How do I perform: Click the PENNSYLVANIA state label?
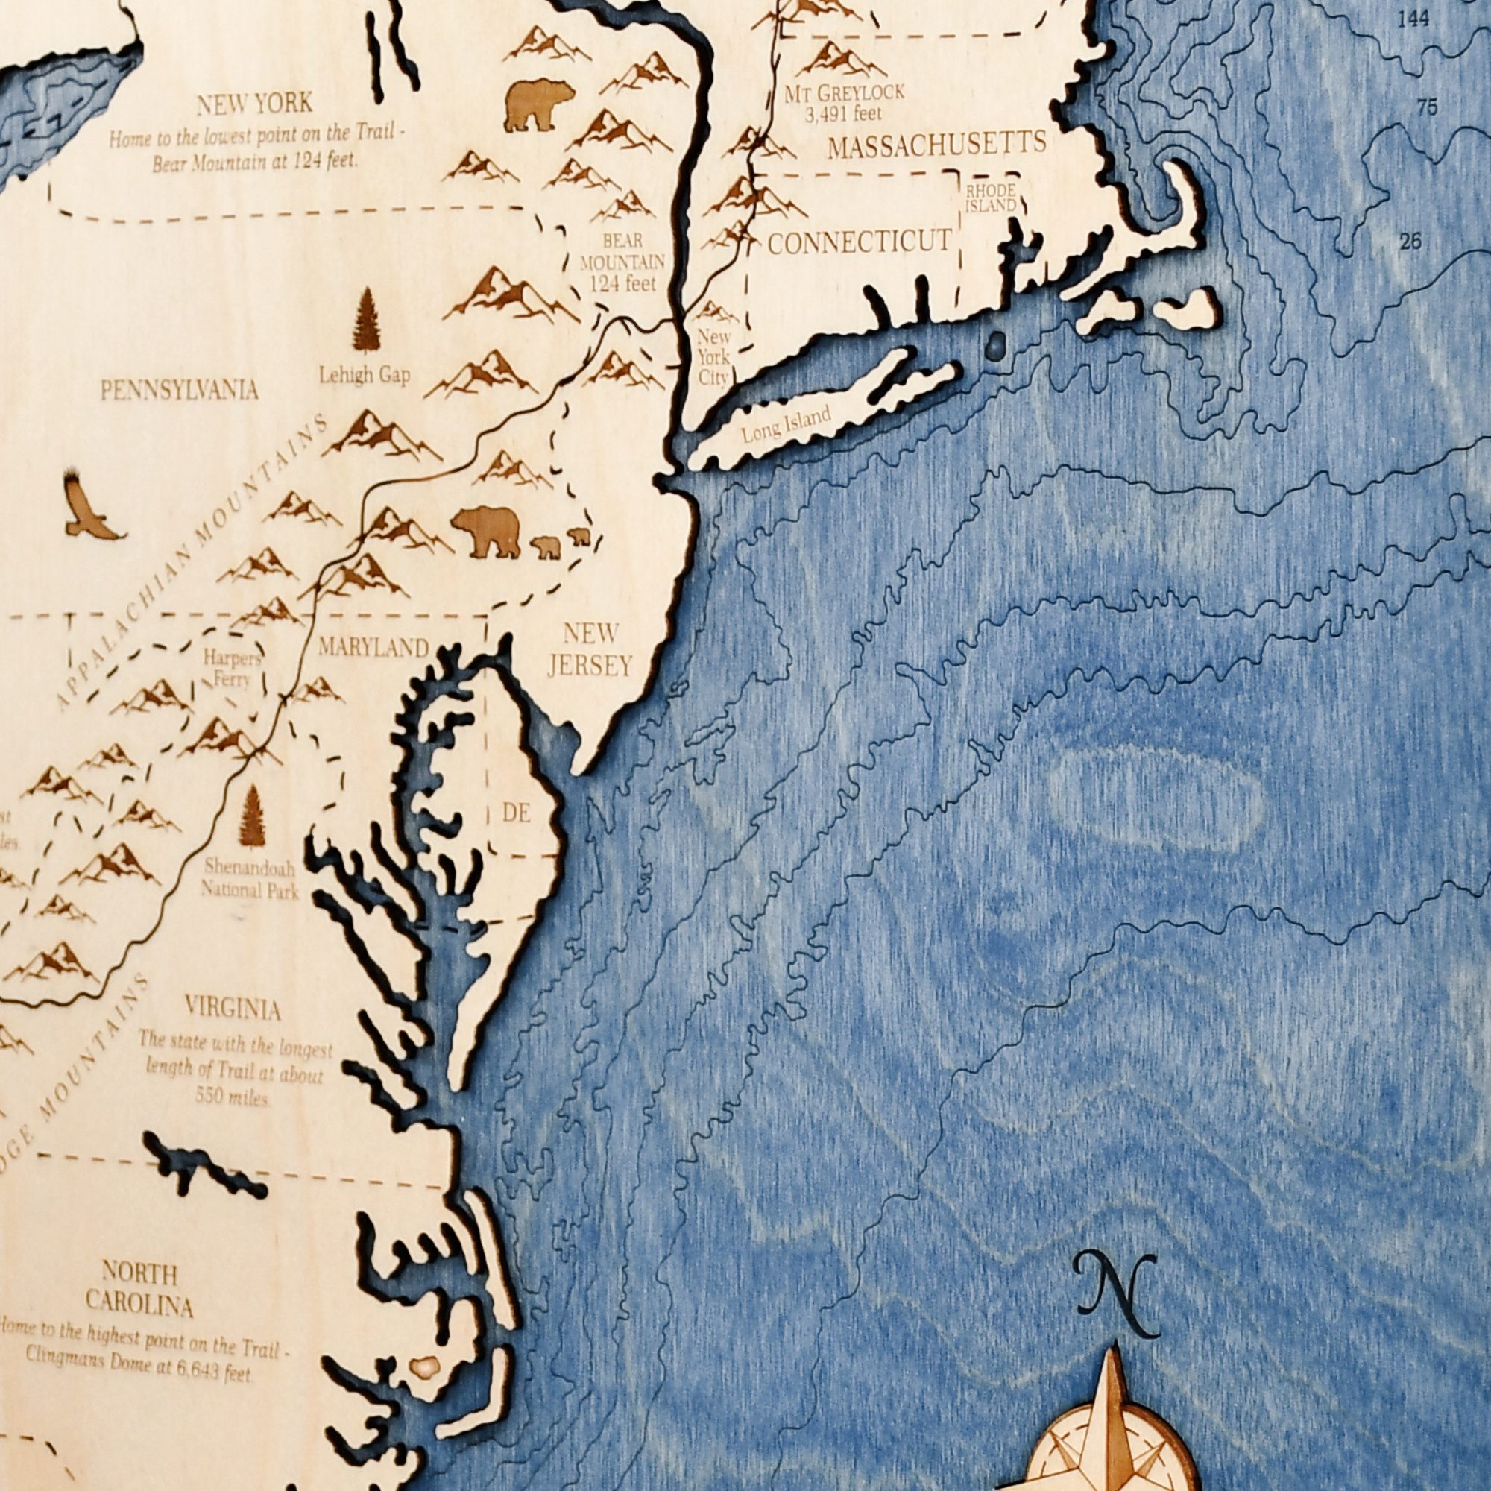coord(179,390)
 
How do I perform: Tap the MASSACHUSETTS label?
coord(936,145)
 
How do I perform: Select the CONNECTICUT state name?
coord(859,242)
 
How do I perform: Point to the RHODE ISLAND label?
coord(992,198)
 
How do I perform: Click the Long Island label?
coord(786,424)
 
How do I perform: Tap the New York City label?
coord(713,357)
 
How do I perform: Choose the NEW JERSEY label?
coord(590,649)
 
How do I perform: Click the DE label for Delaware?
coord(517,812)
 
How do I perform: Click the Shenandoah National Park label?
coord(249,879)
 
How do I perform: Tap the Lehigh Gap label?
coord(365,376)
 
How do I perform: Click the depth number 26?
coord(1410,242)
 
